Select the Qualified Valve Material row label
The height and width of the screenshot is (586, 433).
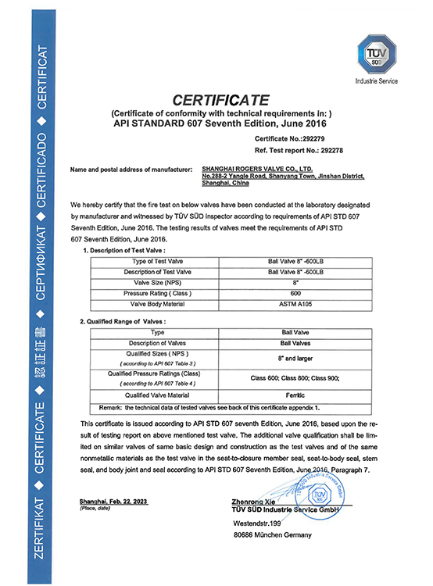[x=153, y=395]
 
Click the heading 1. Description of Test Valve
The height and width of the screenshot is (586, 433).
[x=126, y=249]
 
